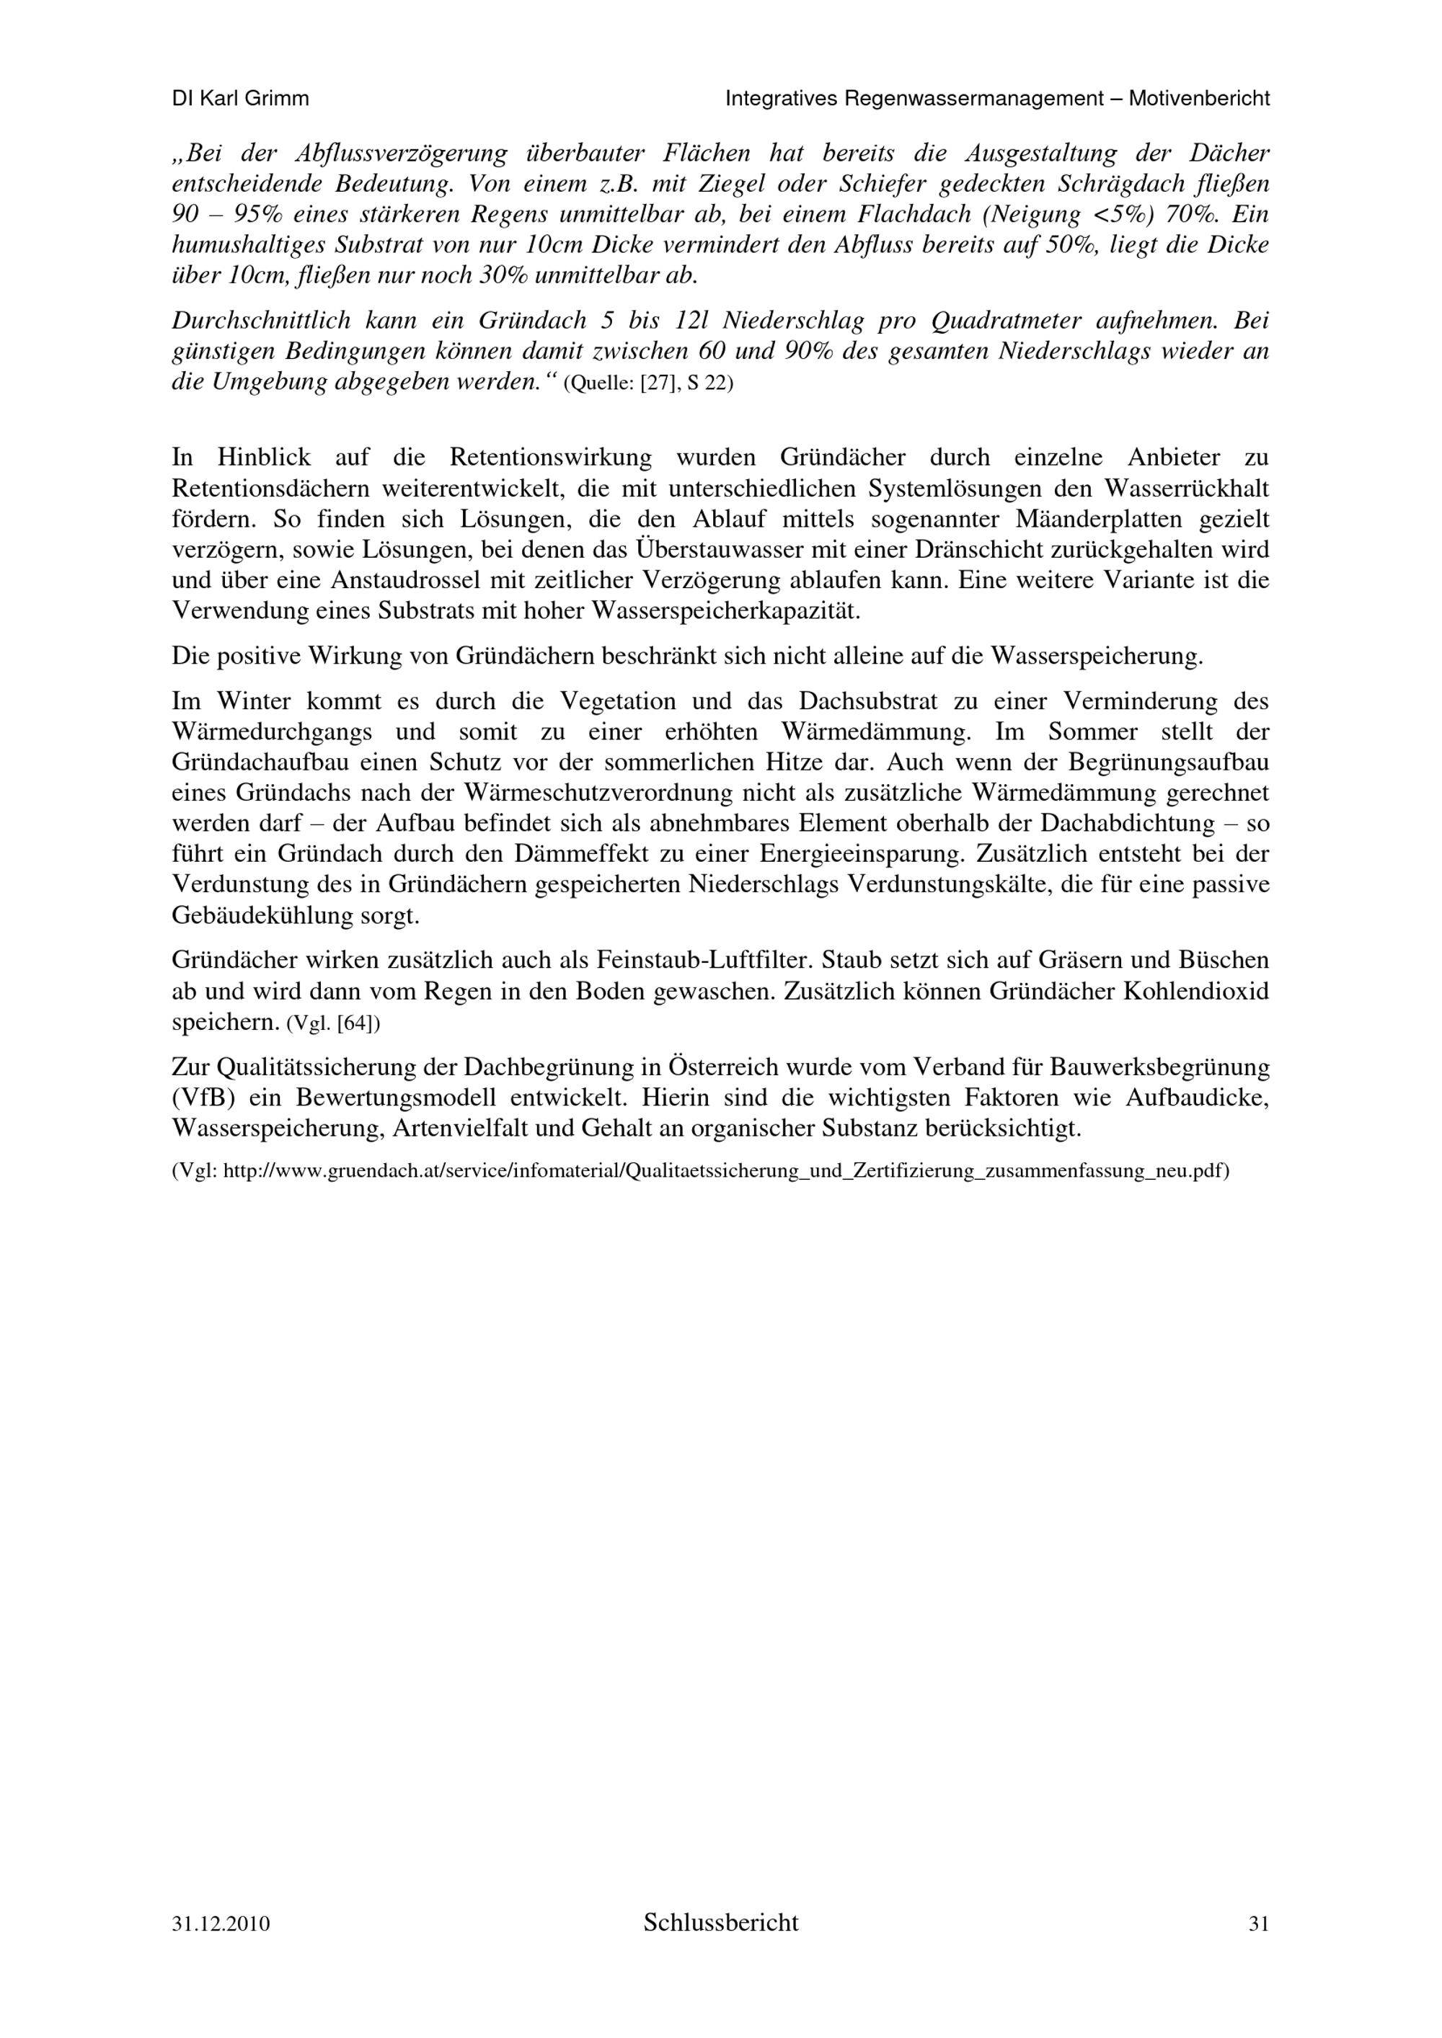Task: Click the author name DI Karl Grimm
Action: [240, 99]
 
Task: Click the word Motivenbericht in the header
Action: [1199, 99]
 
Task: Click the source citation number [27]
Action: [660, 386]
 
